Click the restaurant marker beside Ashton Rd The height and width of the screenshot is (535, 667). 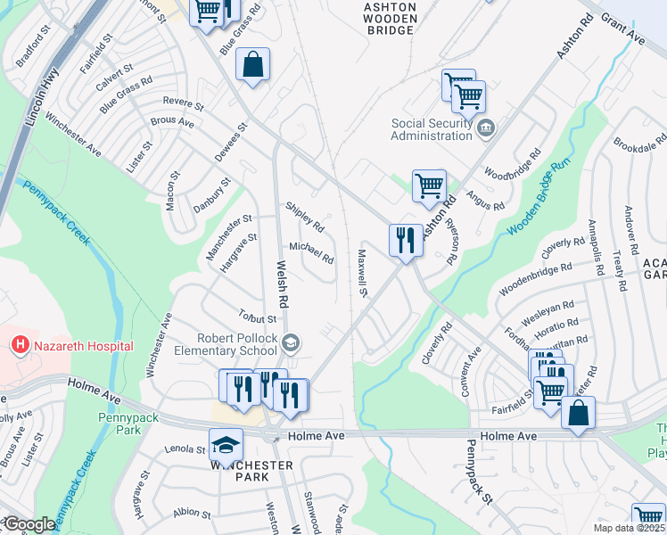(406, 239)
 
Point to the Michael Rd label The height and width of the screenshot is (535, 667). (311, 253)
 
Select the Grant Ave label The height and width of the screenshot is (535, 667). (623, 29)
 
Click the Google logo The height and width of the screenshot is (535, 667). (29, 524)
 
